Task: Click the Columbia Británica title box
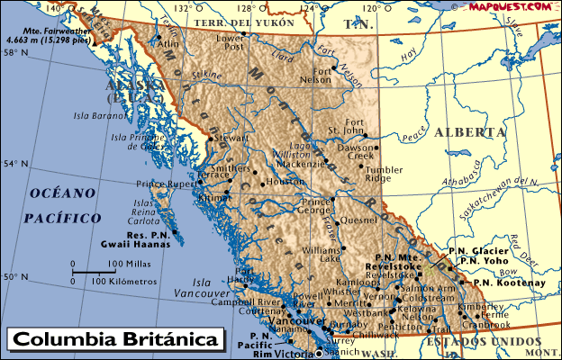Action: (x=115, y=341)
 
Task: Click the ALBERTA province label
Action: (x=469, y=132)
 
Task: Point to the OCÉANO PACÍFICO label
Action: (x=61, y=205)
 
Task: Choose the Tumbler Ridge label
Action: (x=384, y=174)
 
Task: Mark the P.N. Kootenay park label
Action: (x=510, y=283)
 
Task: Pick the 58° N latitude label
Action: (x=14, y=53)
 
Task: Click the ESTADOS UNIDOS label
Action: (x=483, y=343)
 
